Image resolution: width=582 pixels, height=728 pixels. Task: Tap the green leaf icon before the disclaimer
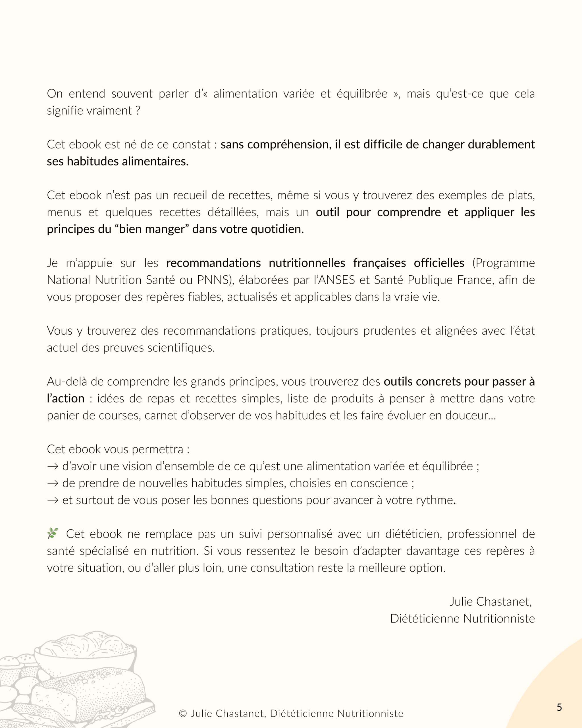click(53, 533)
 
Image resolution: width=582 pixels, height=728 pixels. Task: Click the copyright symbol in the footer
click(182, 713)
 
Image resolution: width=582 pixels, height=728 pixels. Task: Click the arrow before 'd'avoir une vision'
click(53, 467)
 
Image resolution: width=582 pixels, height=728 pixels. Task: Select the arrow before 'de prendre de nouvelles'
click(53, 483)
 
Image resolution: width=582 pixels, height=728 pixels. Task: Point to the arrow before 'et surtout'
click(53, 500)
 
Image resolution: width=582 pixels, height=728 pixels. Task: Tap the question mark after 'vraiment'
click(138, 111)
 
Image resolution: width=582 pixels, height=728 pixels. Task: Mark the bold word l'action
click(65, 398)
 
